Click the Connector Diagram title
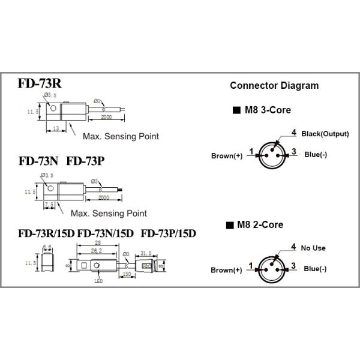tap(274, 86)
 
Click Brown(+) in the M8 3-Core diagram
tap(227, 155)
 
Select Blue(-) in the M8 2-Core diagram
tap(315, 269)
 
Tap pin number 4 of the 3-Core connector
tap(294, 132)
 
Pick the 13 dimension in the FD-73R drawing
tap(55, 128)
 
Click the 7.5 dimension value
tap(50, 205)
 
